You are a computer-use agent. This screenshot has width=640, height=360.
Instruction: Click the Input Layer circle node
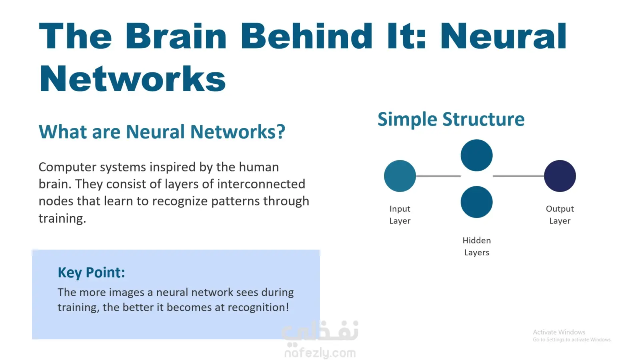[400, 176]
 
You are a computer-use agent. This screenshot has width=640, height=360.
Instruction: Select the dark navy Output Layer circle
[560, 176]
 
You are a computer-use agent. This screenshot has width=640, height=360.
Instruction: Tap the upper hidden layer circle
[476, 156]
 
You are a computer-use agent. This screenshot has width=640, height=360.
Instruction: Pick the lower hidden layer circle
[476, 202]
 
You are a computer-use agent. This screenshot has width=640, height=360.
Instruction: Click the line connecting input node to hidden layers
[438, 176]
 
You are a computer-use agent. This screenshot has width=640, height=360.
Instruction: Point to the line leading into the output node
[518, 176]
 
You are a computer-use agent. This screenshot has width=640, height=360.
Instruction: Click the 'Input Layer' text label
[400, 214]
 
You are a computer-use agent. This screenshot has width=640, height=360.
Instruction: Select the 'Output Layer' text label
[560, 214]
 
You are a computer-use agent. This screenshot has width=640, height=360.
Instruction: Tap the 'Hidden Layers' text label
[476, 246]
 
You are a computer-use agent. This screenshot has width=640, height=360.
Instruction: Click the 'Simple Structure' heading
[451, 120]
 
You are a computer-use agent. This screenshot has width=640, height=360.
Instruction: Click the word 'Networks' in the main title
[132, 78]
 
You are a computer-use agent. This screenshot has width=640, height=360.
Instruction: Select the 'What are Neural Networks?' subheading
[162, 132]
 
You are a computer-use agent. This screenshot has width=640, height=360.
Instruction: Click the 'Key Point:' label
[92, 272]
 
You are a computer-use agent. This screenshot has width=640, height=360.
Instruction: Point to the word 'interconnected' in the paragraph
[261, 184]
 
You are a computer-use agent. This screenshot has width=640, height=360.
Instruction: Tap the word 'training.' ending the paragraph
[62, 218]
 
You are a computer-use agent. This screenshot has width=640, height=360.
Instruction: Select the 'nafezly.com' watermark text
[320, 353]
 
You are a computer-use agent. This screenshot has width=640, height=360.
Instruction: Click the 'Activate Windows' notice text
[559, 332]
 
